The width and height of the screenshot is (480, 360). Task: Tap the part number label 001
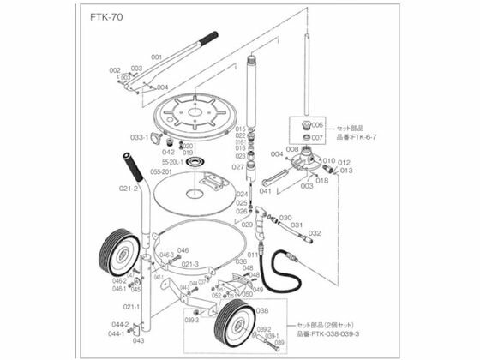pyautogui.click(x=156, y=57)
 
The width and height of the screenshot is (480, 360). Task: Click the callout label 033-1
pyautogui.click(x=140, y=136)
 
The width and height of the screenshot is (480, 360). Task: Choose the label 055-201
pyautogui.click(x=161, y=171)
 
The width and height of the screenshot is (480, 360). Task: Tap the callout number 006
pyautogui.click(x=315, y=124)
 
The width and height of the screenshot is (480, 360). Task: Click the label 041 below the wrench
pyautogui.click(x=266, y=192)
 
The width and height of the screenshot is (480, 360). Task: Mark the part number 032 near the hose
pyautogui.click(x=314, y=233)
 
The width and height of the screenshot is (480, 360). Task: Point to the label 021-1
pyautogui.click(x=130, y=306)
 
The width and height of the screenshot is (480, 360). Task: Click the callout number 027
pyautogui.click(x=240, y=166)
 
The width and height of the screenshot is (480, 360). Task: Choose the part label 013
pyautogui.click(x=345, y=170)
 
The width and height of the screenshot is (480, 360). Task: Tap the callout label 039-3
pyautogui.click(x=190, y=320)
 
